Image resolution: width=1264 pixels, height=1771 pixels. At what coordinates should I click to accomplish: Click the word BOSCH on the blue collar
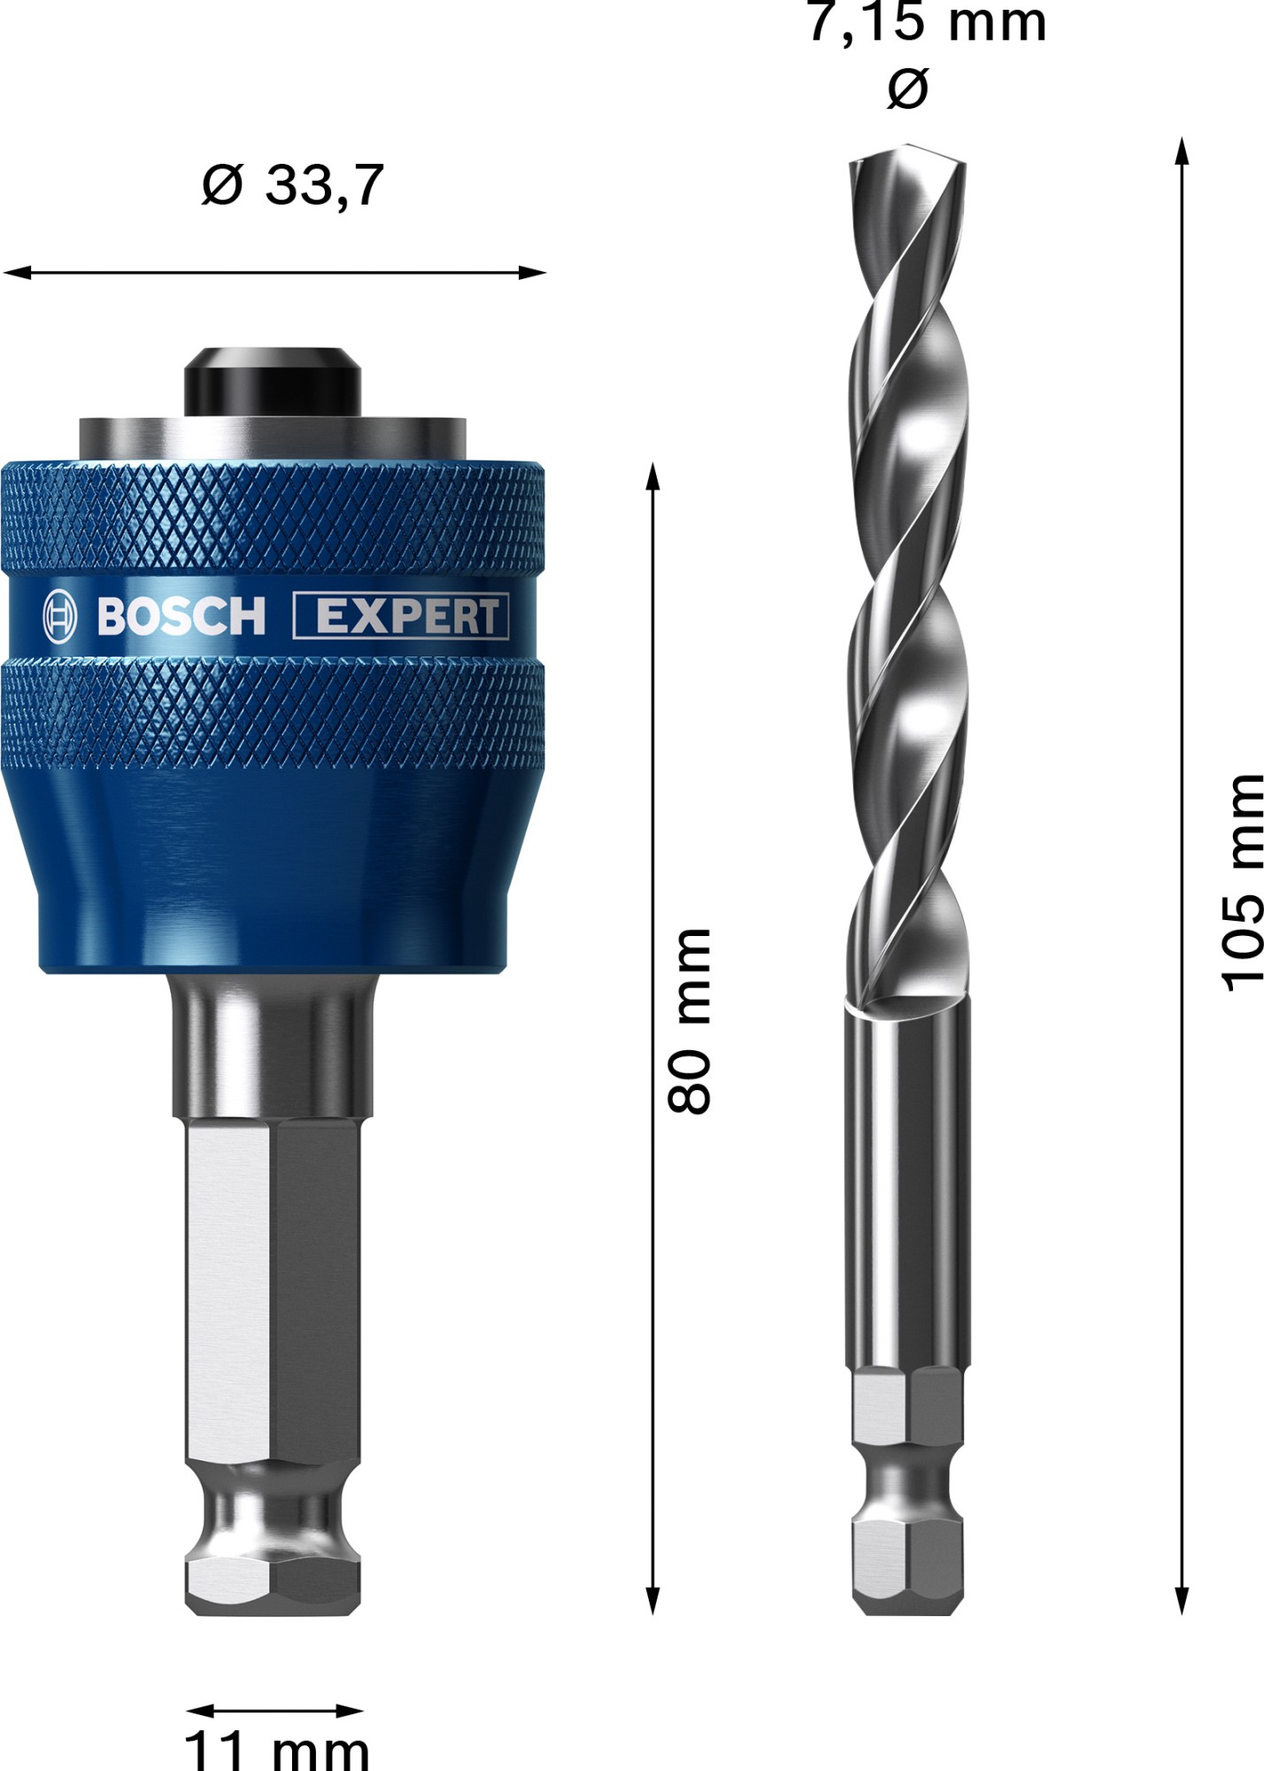[x=181, y=616]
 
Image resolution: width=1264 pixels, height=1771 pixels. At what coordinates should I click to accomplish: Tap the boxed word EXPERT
[x=401, y=616]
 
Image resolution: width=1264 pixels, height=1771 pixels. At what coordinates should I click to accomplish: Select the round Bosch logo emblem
[x=60, y=616]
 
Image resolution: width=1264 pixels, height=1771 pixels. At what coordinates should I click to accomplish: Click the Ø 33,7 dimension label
[x=292, y=184]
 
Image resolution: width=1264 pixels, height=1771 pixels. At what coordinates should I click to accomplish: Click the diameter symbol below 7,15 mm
[x=908, y=89]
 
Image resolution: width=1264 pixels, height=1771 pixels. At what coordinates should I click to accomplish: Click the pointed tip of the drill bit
[x=908, y=146]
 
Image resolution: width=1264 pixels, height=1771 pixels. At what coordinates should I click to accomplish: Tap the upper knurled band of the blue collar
[x=272, y=518]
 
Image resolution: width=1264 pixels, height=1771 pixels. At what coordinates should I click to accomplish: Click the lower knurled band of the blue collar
[x=272, y=713]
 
